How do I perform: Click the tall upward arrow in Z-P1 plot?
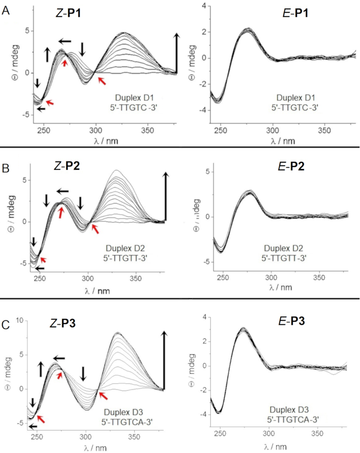177,53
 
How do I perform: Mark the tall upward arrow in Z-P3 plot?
165,358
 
